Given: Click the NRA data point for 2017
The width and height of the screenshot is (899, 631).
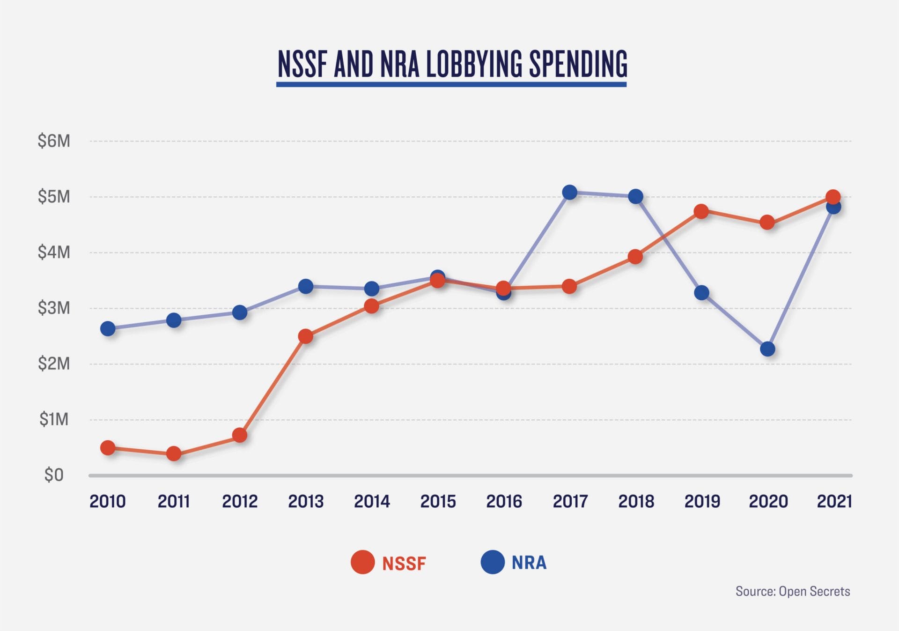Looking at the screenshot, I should coord(569,192).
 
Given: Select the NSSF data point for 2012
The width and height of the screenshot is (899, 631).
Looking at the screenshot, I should coord(240,435).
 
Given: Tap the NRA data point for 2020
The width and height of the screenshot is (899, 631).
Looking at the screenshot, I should coord(767,349).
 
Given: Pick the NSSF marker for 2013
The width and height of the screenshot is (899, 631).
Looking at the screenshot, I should coord(306,336).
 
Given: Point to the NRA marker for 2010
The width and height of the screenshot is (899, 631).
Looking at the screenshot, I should coord(108,328).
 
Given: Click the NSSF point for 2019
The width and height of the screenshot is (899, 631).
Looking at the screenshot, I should coord(701,211).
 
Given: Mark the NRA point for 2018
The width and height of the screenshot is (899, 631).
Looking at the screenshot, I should coord(635,196).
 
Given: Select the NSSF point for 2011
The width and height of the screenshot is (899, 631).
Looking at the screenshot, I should coord(174,453).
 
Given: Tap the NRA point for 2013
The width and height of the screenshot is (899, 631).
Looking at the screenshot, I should coord(306,286).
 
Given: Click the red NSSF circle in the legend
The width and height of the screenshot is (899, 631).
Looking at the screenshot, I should coord(362,562).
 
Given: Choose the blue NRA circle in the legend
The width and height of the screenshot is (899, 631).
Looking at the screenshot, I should coord(493,562).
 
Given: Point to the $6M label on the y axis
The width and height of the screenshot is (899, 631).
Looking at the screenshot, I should coord(54,141).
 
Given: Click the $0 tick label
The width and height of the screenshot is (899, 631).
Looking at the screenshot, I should coord(54,475).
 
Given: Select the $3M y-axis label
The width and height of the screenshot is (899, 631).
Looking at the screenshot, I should coord(54,308).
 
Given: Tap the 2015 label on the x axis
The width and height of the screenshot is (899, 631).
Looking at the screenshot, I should coord(438,502).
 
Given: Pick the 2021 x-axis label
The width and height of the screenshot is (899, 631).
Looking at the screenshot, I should coord(834,502).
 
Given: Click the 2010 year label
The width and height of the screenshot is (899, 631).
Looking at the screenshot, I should coord(108,502).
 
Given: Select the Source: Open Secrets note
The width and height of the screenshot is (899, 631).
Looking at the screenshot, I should coord(792,591).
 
